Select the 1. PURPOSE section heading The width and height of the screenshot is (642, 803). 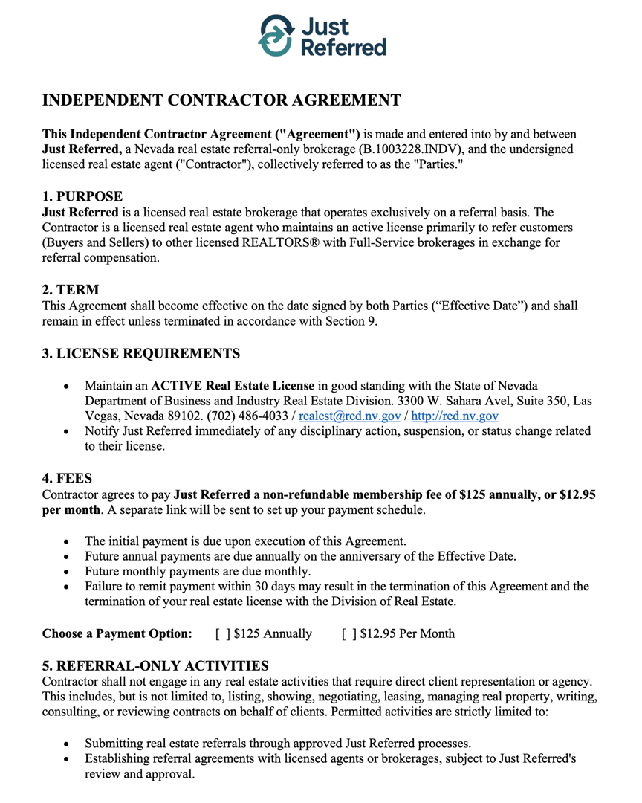pos(82,197)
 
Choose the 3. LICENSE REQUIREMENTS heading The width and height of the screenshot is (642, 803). pos(140,353)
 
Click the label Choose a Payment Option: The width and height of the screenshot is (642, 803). pos(117,634)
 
